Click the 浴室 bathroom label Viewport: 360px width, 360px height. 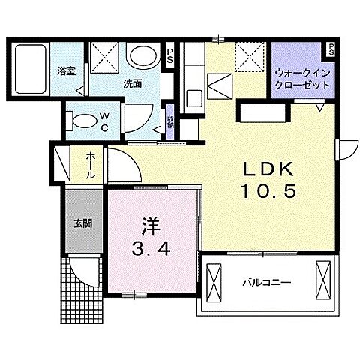[x=66, y=72]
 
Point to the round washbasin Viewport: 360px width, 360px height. [x=140, y=56]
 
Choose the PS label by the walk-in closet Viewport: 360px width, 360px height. [x=330, y=50]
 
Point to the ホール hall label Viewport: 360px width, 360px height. [x=90, y=165]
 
